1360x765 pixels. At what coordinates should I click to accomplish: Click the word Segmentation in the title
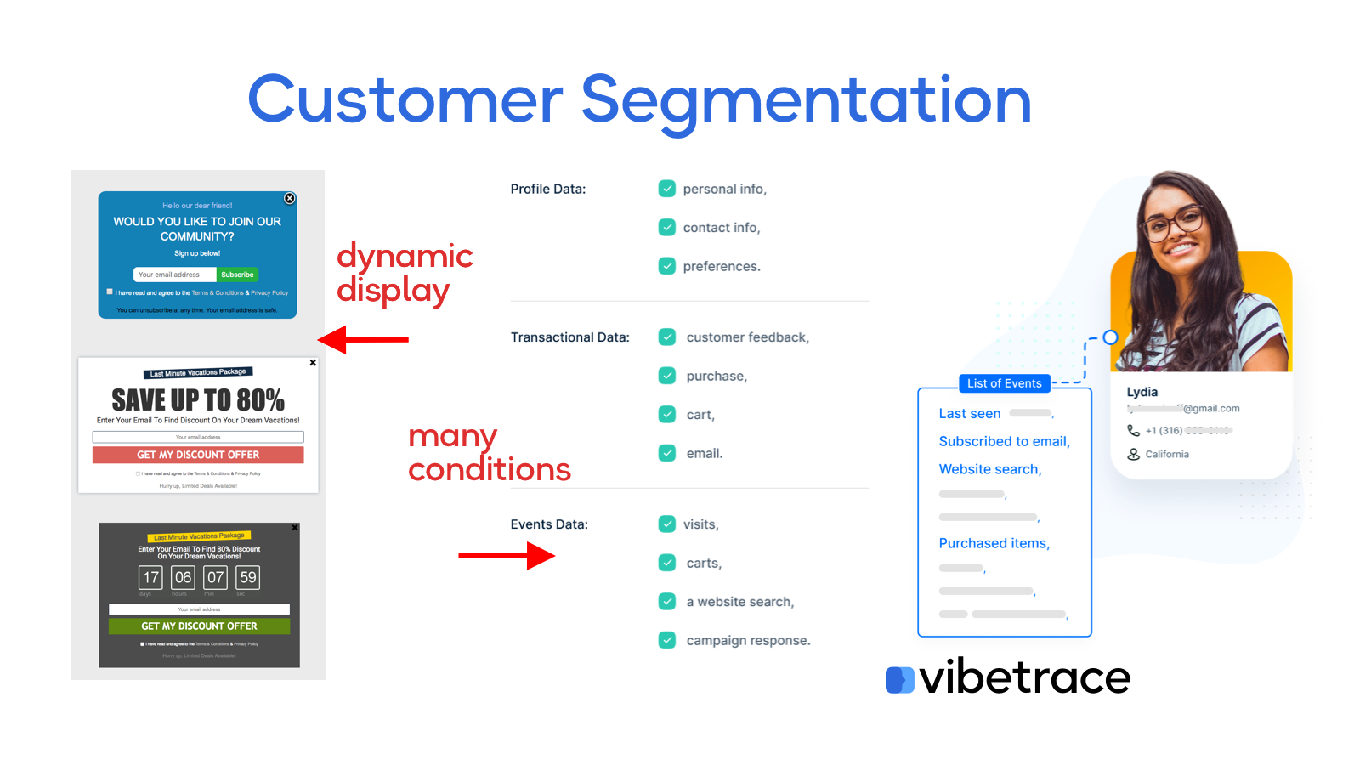pos(806,100)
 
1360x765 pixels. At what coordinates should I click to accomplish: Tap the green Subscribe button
pos(237,275)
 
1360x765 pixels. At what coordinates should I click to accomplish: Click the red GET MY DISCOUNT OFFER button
pos(198,455)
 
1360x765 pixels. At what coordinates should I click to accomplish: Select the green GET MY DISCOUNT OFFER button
pos(199,626)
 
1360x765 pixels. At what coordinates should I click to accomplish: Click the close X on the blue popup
pos(290,198)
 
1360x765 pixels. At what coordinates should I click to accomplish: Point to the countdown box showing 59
pos(248,577)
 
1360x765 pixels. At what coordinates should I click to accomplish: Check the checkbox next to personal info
pos(667,189)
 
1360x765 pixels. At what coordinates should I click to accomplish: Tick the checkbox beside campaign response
pos(667,640)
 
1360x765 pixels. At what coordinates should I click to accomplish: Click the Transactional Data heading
pos(569,337)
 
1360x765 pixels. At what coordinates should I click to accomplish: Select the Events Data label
pos(549,524)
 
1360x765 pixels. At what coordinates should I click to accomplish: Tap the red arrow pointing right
pos(507,556)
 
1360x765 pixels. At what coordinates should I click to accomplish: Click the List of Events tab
pos(1004,383)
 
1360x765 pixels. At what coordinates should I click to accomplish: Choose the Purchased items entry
pos(994,543)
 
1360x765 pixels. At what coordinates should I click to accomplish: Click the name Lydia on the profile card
pos(1142,392)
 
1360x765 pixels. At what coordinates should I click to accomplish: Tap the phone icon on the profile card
pos(1133,430)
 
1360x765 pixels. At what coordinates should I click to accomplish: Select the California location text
pos(1166,454)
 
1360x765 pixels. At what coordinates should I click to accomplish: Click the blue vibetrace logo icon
pos(899,679)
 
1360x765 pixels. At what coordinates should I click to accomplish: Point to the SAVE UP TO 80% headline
pos(198,399)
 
